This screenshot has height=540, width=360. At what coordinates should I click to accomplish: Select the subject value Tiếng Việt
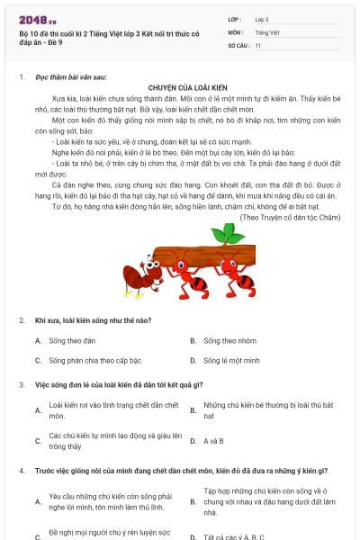coord(266,31)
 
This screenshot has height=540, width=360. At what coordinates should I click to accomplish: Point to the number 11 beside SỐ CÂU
coord(258,44)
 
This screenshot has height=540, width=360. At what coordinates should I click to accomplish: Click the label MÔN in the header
coord(236,31)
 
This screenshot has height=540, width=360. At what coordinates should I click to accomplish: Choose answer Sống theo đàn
coord(66,341)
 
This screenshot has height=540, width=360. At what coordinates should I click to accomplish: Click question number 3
coord(21,384)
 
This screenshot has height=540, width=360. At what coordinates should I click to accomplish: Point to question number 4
coord(21,471)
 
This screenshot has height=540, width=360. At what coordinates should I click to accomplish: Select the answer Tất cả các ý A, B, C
coord(233,537)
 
